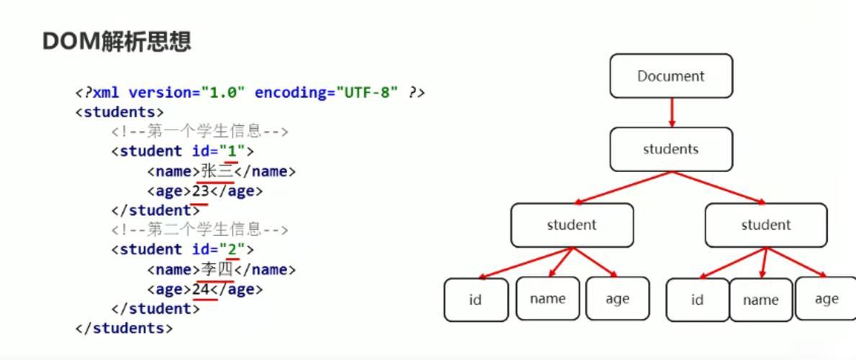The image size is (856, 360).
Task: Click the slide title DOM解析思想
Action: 117,42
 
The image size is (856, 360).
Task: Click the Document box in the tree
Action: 671,76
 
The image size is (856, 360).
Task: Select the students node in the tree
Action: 671,149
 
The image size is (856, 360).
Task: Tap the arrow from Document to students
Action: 672,112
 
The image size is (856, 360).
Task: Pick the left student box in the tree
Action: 572,225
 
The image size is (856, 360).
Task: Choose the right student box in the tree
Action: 766,225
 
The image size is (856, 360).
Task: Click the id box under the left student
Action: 476,300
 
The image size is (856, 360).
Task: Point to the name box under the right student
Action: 761,300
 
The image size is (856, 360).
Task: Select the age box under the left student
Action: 618,299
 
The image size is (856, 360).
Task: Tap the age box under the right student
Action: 826,299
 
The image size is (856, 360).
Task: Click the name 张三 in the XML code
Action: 217,171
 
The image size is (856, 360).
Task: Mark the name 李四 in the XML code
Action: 217,269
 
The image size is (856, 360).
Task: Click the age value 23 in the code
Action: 201,192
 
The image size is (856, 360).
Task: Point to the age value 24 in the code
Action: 201,289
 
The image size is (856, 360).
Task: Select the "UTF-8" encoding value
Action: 368,92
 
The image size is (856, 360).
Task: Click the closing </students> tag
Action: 124,328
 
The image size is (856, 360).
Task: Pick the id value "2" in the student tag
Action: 233,250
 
